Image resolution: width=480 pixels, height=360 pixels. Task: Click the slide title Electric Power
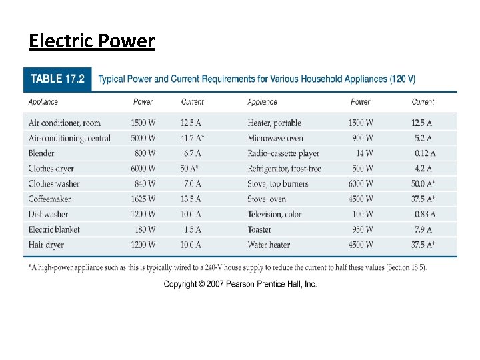pyautogui.click(x=91, y=41)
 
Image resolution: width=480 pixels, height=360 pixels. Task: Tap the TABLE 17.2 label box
pyautogui.click(x=57, y=79)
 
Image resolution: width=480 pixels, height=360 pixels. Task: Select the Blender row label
pyautogui.click(x=41, y=153)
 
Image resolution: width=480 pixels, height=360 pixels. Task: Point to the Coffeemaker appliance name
pyautogui.click(x=49, y=199)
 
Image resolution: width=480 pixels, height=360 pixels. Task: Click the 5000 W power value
pyautogui.click(x=143, y=138)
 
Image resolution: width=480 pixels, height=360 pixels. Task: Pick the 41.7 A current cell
pyautogui.click(x=192, y=138)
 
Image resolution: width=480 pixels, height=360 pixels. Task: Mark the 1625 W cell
pyautogui.click(x=143, y=199)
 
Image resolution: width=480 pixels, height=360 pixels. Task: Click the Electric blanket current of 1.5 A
pyautogui.click(x=191, y=229)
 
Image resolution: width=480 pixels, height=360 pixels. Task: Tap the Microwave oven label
pyautogui.click(x=275, y=138)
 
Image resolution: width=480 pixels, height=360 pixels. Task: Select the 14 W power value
pyautogui.click(x=363, y=153)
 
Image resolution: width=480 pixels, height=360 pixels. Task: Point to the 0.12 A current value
pyautogui.click(x=424, y=153)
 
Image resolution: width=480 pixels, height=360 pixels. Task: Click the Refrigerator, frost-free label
pyautogui.click(x=284, y=169)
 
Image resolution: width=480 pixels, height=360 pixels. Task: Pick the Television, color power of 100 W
pyautogui.click(x=363, y=214)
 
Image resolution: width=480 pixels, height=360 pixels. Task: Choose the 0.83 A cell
pyautogui.click(x=424, y=214)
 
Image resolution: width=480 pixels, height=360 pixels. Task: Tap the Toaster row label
pyautogui.click(x=259, y=229)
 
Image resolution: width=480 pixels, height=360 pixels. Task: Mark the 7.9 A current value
pyautogui.click(x=423, y=229)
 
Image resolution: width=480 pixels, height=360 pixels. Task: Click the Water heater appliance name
pyautogui.click(x=269, y=245)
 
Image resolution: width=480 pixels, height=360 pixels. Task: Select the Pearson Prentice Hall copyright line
pyautogui.click(x=240, y=284)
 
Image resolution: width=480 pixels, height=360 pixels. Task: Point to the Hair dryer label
pyautogui.click(x=46, y=245)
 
